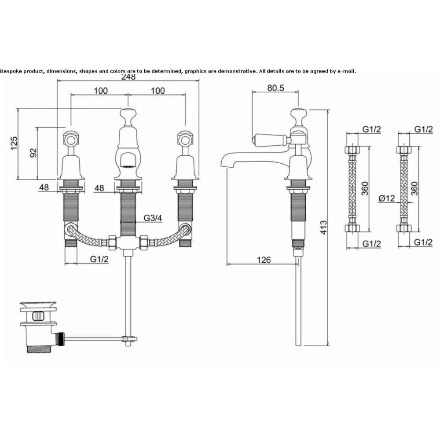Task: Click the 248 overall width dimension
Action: click(128, 77)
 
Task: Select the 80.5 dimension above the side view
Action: click(275, 88)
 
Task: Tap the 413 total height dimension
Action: click(323, 227)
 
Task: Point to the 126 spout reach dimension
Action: click(264, 260)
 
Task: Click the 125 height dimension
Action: click(14, 143)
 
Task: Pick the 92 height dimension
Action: click(33, 153)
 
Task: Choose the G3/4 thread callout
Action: click(153, 218)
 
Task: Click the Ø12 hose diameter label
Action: click(387, 198)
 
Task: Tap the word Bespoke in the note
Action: click(11, 71)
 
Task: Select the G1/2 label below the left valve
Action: click(99, 259)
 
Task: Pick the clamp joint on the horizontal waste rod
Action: click(129, 340)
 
